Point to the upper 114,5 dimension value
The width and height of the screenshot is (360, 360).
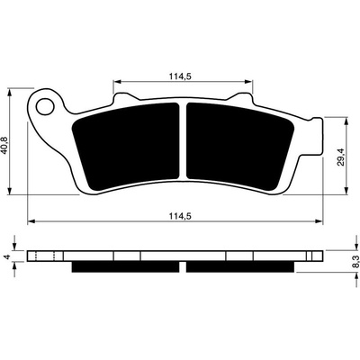180,76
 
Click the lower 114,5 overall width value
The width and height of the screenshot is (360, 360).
180,216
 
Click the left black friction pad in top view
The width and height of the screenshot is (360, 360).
126,147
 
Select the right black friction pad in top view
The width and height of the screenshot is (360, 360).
239,147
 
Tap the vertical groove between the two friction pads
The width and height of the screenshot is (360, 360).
183,141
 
